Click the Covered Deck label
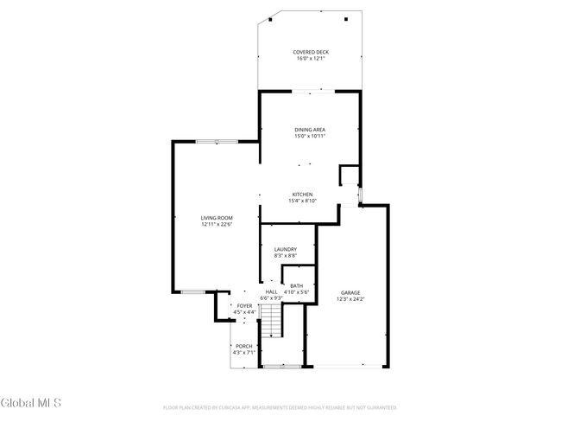click(x=310, y=52)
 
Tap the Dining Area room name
click(x=310, y=130)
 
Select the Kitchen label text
click(x=302, y=195)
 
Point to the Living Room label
click(x=217, y=218)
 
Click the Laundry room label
click(x=286, y=249)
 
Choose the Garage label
click(x=350, y=293)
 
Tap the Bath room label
click(x=296, y=286)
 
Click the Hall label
click(x=271, y=292)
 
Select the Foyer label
click(x=245, y=305)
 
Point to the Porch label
click(x=244, y=346)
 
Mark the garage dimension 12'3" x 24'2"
click(x=350, y=299)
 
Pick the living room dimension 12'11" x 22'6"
click(x=217, y=224)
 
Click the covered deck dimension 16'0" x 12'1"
click(x=310, y=58)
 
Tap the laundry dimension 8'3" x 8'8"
click(x=286, y=255)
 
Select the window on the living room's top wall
click(x=216, y=141)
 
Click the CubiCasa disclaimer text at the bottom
click(x=280, y=406)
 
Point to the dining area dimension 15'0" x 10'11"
click(x=310, y=136)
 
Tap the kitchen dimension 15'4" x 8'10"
click(x=302, y=201)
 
